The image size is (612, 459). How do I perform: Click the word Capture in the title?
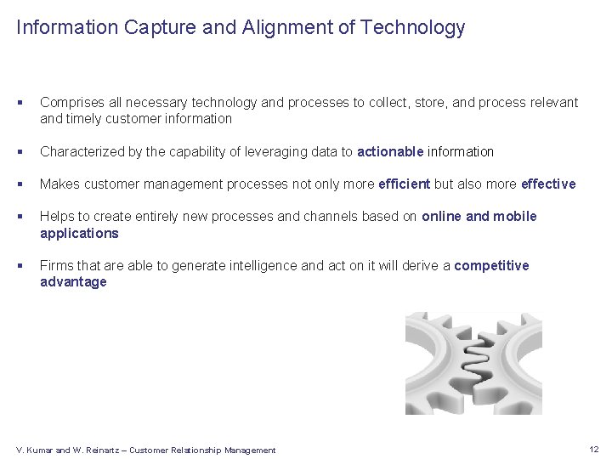(x=156, y=27)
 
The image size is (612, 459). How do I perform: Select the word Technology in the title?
(x=412, y=27)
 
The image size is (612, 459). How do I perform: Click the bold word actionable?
(x=390, y=151)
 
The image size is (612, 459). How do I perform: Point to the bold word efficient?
(x=405, y=184)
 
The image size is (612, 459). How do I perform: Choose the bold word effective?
(x=548, y=184)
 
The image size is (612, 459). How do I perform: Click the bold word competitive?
(x=491, y=265)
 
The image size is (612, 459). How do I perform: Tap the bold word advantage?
(x=73, y=281)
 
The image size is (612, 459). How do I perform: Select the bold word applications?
(x=79, y=232)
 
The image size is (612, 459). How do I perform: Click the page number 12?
(x=593, y=449)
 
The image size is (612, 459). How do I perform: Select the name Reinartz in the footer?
(x=105, y=450)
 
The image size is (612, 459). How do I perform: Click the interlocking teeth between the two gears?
(x=473, y=365)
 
